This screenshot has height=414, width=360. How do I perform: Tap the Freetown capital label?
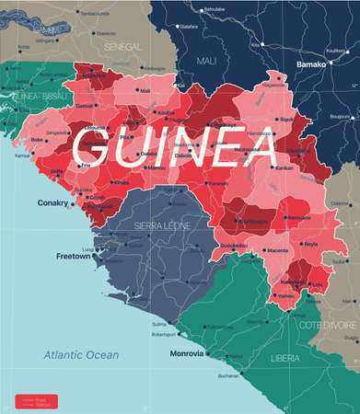pyautogui.click(x=72, y=256)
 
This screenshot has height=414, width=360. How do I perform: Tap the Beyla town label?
pyautogui.click(x=310, y=244)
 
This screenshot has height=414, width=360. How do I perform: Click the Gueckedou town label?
pyautogui.click(x=234, y=246)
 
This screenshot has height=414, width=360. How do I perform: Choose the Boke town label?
pyautogui.click(x=38, y=141)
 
